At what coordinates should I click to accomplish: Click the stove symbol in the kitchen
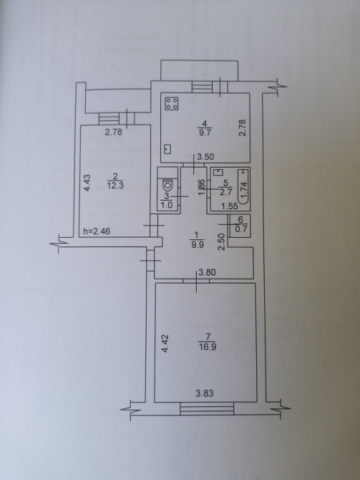click(x=172, y=103)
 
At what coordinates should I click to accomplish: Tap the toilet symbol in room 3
click(x=167, y=186)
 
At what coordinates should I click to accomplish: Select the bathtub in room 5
click(x=244, y=187)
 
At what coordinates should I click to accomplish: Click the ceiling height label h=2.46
click(x=97, y=231)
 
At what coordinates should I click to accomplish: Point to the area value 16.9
click(x=208, y=347)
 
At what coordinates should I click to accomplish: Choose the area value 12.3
click(x=115, y=186)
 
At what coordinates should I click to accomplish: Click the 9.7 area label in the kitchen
click(x=205, y=133)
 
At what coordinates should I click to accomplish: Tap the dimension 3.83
click(x=204, y=393)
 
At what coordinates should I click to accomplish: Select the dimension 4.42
click(x=165, y=343)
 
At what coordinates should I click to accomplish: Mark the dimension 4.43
click(x=87, y=183)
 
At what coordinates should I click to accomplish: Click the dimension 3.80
click(x=208, y=272)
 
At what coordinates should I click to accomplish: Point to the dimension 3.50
click(x=205, y=157)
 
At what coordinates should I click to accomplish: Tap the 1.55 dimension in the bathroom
click(x=230, y=206)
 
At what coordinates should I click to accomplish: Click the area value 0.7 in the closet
click(x=240, y=229)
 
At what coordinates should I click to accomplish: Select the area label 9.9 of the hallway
click(x=198, y=244)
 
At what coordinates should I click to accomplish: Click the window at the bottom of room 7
click(x=207, y=408)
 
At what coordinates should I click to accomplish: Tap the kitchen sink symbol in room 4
click(x=167, y=149)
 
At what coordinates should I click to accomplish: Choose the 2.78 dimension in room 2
click(x=114, y=132)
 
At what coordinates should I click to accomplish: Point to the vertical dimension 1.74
click(x=244, y=190)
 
